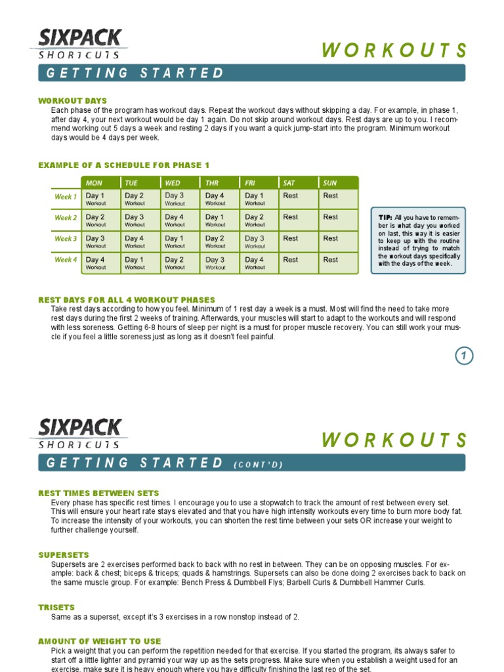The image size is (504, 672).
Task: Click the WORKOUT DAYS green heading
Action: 72,100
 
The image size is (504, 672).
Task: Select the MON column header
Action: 95,182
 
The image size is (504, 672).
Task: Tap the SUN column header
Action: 330,182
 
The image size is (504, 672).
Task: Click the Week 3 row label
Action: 66,239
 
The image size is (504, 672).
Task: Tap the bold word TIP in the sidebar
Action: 385,217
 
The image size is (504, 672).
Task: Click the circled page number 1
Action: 464,356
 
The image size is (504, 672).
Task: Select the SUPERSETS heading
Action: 64,555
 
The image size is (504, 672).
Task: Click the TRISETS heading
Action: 56,607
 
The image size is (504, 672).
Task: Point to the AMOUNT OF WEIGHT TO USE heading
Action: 99,640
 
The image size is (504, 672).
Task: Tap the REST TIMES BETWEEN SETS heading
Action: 98,493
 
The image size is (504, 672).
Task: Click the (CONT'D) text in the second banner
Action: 258,465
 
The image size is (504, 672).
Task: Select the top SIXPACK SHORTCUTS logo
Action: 79,44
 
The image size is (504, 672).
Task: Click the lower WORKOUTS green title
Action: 394,440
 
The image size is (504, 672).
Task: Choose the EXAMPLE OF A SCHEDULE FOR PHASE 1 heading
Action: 124,165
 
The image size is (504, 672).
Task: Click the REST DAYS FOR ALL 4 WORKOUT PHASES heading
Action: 127,300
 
